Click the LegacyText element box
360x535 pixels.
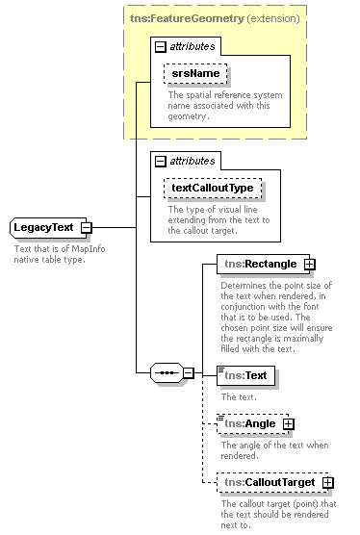44,227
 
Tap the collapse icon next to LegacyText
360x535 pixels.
87,227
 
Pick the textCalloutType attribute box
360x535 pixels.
212,189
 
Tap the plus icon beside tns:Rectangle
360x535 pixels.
309,264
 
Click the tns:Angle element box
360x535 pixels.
248,423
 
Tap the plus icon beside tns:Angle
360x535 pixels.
288,423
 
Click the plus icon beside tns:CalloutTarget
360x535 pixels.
328,482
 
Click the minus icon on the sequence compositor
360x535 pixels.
189,372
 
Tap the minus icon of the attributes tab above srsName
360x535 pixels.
161,45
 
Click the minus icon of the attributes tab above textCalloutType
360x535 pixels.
161,161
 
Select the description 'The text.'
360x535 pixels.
240,396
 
